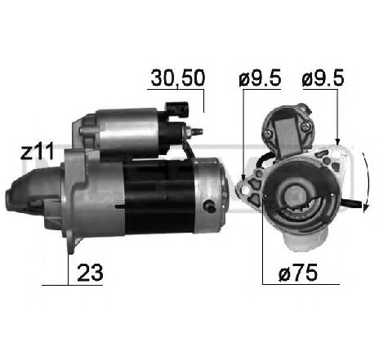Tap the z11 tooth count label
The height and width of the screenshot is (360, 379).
point(38,151)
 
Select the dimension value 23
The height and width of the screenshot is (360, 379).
point(89,273)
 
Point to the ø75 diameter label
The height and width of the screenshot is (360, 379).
point(292,273)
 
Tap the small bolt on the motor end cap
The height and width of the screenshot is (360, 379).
point(213,206)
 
